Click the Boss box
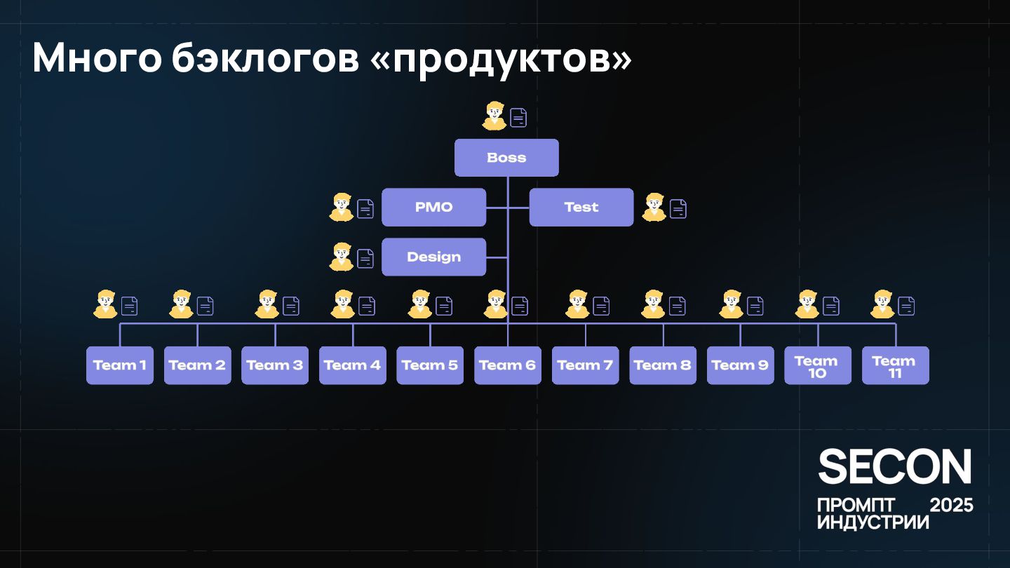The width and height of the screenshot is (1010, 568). pyautogui.click(x=506, y=158)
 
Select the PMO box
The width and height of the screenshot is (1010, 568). pyautogui.click(x=433, y=208)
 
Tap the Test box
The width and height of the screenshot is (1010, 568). pyautogui.click(x=581, y=208)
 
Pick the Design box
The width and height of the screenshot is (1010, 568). pyautogui.click(x=433, y=257)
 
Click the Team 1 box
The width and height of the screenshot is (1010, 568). pyautogui.click(x=120, y=365)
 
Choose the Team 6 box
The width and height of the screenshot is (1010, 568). pyautogui.click(x=507, y=365)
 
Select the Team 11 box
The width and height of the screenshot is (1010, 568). pyautogui.click(x=895, y=365)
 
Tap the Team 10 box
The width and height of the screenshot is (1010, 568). pyautogui.click(x=817, y=365)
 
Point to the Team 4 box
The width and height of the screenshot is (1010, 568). pyautogui.click(x=352, y=365)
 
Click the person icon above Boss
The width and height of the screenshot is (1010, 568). pyautogui.click(x=494, y=116)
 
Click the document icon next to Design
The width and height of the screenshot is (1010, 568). pyautogui.click(x=365, y=259)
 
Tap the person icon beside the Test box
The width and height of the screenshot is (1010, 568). pyautogui.click(x=654, y=208)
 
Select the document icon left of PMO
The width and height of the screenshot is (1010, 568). pyautogui.click(x=365, y=209)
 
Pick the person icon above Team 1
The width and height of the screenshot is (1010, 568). pyautogui.click(x=106, y=305)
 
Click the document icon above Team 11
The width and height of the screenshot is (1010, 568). pyautogui.click(x=906, y=306)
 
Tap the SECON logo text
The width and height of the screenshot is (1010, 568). pyautogui.click(x=894, y=467)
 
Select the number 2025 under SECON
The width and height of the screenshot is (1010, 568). pyautogui.click(x=950, y=506)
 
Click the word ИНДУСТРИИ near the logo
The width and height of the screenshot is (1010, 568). pyautogui.click(x=873, y=522)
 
